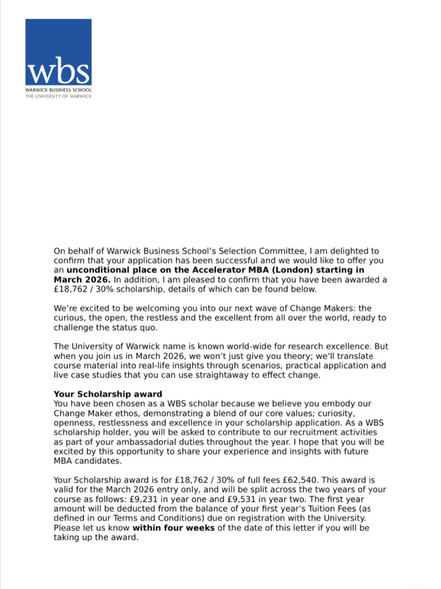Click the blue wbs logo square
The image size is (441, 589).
pos(58,52)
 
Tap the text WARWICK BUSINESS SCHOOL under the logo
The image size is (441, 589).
pos(58,90)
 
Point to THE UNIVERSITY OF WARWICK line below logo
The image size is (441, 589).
pos(58,96)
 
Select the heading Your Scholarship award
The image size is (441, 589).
pos(108,394)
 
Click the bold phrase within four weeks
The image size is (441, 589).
pos(173,528)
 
